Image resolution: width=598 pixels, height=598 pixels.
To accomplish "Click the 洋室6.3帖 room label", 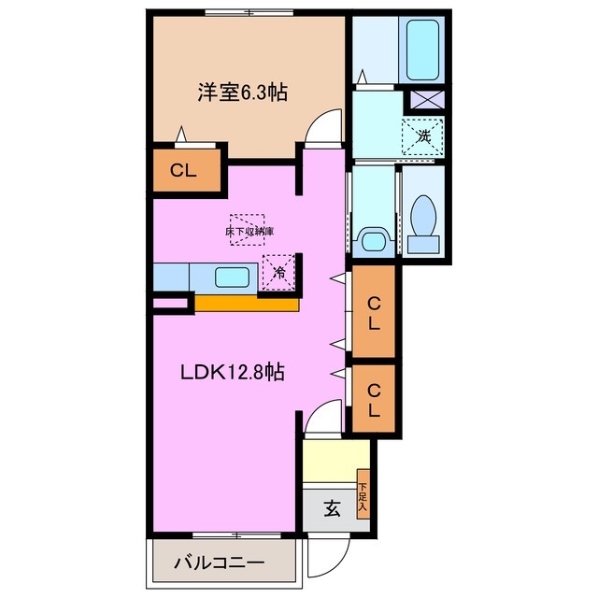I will click(241, 93).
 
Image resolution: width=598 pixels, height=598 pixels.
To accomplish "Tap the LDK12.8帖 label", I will click(233, 372).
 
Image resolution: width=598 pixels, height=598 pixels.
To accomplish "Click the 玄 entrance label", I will click(332, 509).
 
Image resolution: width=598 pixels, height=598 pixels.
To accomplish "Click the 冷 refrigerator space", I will click(279, 272).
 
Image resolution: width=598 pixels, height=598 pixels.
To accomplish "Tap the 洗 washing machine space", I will click(423, 135).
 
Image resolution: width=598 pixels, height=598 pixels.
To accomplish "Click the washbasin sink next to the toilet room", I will click(374, 240).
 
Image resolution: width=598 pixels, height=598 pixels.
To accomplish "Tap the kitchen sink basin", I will click(232, 277).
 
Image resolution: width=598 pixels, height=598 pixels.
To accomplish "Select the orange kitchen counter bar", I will click(247, 303).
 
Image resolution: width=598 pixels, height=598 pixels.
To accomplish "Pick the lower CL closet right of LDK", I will click(373, 398).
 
